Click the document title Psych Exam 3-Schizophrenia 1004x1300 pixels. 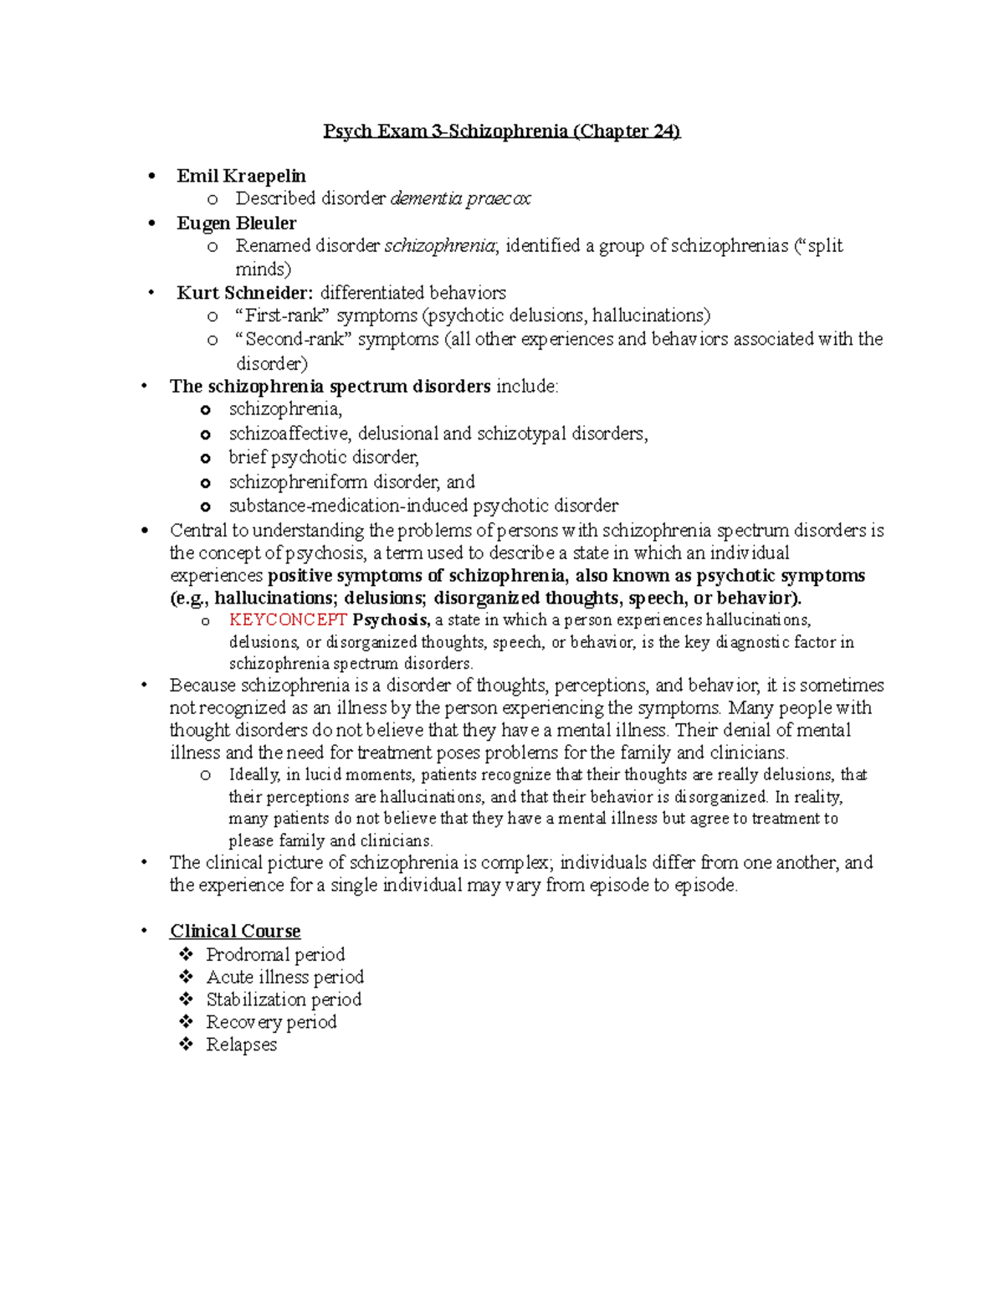coord(502,131)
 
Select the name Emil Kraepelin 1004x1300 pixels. coord(241,176)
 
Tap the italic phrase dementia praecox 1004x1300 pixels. coord(460,198)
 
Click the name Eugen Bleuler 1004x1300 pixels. coord(236,223)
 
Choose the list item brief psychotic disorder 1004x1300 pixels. coord(324,457)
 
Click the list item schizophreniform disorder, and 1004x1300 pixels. coord(351,482)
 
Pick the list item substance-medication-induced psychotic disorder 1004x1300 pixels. coord(423,506)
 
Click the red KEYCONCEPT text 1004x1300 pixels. coord(288,620)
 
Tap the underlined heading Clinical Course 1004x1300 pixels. coord(235,931)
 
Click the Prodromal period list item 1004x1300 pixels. coord(275,954)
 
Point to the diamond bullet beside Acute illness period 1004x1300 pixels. coord(186,977)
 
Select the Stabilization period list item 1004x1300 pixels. coord(284,999)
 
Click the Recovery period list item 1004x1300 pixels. coord(271,1022)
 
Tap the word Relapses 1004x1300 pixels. coord(242,1045)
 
